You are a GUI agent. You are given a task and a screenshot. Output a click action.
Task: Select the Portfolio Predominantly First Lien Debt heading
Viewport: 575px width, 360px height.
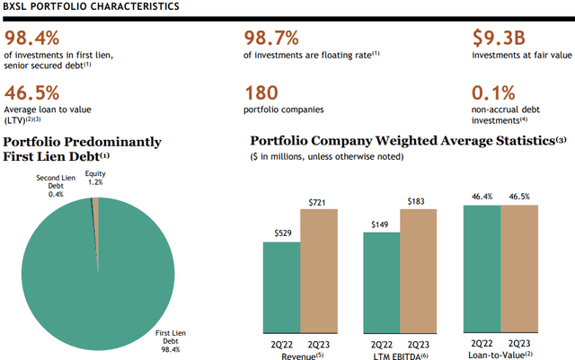[x=83, y=149]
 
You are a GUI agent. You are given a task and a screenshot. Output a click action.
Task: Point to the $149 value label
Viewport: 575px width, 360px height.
[x=381, y=225]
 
